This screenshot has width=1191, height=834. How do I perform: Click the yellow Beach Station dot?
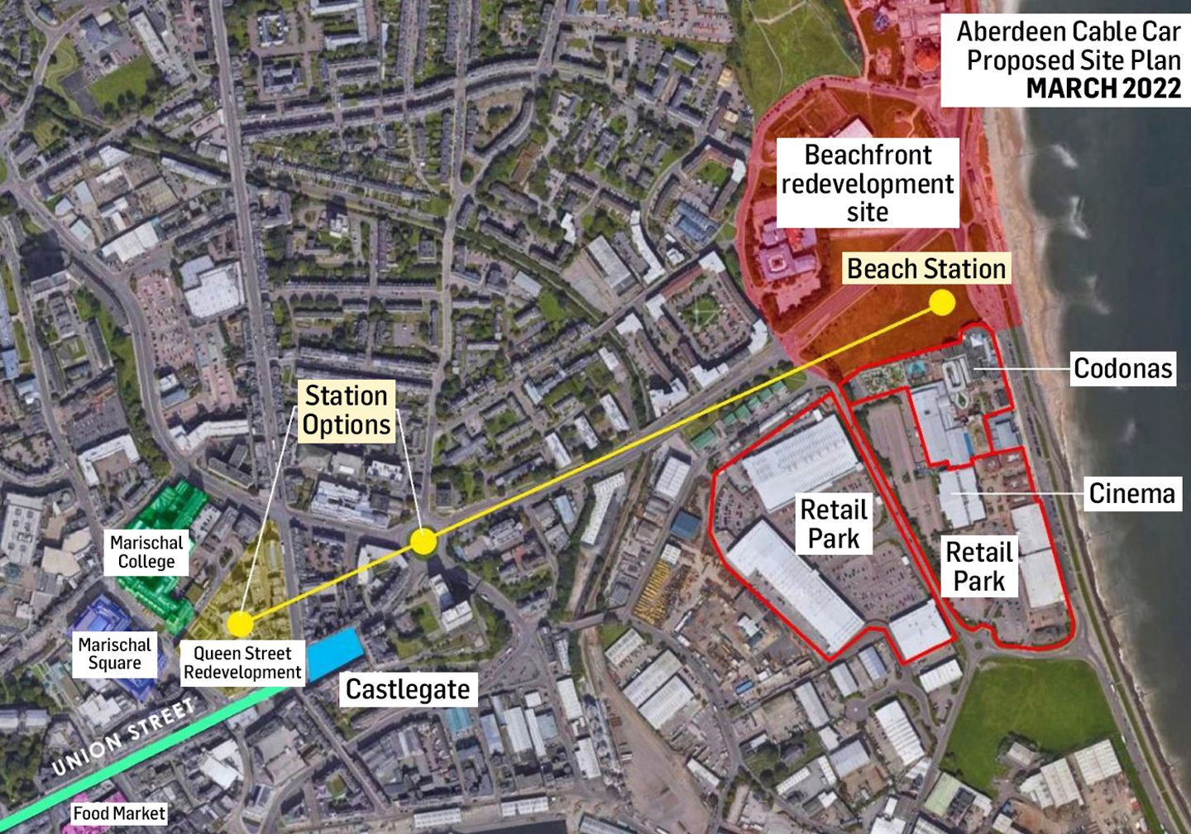[941, 304]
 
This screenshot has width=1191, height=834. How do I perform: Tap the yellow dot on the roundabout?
[423, 543]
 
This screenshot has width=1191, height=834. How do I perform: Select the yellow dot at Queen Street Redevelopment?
[240, 623]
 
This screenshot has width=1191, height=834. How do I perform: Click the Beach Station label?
[926, 269]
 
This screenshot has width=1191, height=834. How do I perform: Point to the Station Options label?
[346, 410]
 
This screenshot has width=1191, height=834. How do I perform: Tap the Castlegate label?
[407, 689]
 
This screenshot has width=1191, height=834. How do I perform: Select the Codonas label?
[1122, 368]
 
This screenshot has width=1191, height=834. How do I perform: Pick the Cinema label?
[1131, 494]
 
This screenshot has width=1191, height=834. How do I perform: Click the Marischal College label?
[146, 553]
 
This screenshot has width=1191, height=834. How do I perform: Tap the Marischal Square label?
[114, 654]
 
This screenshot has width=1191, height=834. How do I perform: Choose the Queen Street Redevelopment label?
[242, 663]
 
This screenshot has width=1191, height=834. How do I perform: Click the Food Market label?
[119, 813]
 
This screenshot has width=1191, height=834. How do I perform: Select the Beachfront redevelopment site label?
[867, 183]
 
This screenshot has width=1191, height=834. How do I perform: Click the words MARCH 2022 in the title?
[1103, 89]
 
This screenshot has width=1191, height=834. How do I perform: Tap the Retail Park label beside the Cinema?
[978, 567]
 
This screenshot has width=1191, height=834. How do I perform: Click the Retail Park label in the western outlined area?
[834, 524]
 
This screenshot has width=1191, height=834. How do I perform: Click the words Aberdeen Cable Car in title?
[1068, 31]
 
